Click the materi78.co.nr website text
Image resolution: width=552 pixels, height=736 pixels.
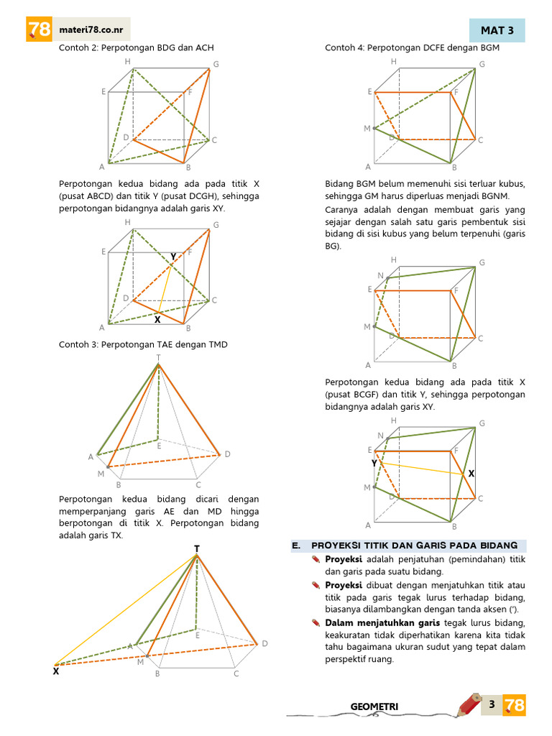pyautogui.click(x=91, y=30)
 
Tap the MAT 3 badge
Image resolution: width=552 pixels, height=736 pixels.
pyautogui.click(x=497, y=30)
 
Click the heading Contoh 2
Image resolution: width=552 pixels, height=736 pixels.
pyautogui.click(x=136, y=48)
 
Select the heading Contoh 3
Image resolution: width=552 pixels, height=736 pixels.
pyautogui.click(x=143, y=344)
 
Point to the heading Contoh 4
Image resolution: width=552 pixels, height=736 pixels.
pyautogui.click(x=412, y=48)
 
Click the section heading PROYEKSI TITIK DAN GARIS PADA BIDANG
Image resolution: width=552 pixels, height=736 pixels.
pyautogui.click(x=415, y=546)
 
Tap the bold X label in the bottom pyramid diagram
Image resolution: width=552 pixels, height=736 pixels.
pyautogui.click(x=56, y=672)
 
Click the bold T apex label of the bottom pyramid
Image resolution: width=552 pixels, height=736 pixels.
pyautogui.click(x=197, y=548)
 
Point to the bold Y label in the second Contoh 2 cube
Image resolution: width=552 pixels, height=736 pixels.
pyautogui.click(x=173, y=257)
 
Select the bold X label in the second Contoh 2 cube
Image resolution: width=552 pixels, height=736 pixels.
pyautogui.click(x=157, y=320)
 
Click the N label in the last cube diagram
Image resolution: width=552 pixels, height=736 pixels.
pyautogui.click(x=381, y=435)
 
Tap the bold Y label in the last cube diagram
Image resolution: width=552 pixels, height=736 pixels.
pyautogui.click(x=374, y=464)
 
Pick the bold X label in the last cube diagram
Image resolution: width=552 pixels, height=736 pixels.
pyautogui.click(x=471, y=474)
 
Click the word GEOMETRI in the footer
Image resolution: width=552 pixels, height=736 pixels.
pyautogui.click(x=374, y=707)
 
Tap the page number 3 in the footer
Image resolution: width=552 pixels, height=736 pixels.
pyautogui.click(x=492, y=704)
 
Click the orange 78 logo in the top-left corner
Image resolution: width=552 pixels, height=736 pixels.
pyautogui.click(x=39, y=29)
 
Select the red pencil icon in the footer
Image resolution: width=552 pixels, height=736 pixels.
pyautogui.click(x=470, y=704)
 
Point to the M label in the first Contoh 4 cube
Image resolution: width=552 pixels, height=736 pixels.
pyautogui.click(x=367, y=129)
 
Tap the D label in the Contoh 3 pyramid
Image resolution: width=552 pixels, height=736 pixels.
pyautogui.click(x=228, y=454)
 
